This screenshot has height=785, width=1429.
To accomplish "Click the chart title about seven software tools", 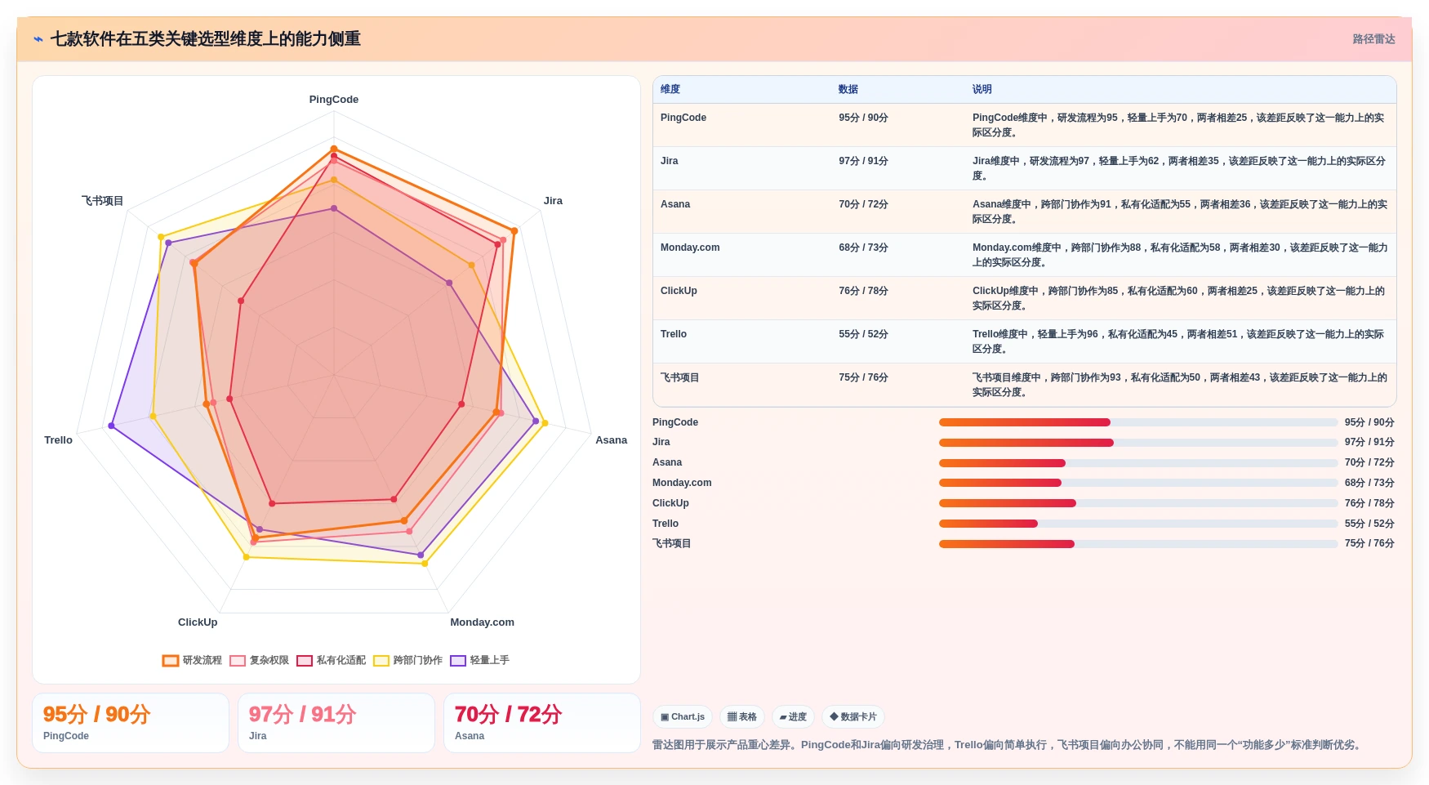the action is pyautogui.click(x=205, y=38).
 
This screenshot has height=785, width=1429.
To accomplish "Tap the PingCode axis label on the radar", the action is pyautogui.click(x=334, y=100).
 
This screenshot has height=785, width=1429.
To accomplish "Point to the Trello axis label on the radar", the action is pyautogui.click(x=58, y=440).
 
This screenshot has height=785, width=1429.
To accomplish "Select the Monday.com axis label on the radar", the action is pyautogui.click(x=483, y=622).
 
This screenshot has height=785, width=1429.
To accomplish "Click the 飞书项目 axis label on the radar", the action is pyautogui.click(x=102, y=201).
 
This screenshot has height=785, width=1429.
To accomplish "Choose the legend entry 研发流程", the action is pyautogui.click(x=192, y=660).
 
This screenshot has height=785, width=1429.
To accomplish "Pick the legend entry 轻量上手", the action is pyautogui.click(x=479, y=660).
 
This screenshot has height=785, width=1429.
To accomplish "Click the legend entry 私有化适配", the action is pyautogui.click(x=331, y=660).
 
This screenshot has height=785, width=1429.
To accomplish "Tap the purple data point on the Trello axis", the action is pyautogui.click(x=111, y=426).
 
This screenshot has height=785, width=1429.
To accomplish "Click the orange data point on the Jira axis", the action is pyautogui.click(x=514, y=231).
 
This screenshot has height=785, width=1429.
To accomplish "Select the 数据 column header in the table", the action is pyautogui.click(x=848, y=89).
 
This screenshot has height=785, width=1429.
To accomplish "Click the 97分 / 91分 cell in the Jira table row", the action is pyautogui.click(x=863, y=161).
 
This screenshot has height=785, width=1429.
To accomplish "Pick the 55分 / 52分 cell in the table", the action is pyautogui.click(x=863, y=334).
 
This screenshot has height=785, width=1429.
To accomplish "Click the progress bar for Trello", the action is pyautogui.click(x=1138, y=524).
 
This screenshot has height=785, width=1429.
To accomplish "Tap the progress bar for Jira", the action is pyautogui.click(x=1138, y=443).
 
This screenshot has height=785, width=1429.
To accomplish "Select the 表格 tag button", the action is pyautogui.click(x=742, y=717).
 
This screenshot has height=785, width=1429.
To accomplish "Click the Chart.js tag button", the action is pyautogui.click(x=683, y=717).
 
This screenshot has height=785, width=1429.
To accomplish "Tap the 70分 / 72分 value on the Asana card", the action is pyautogui.click(x=508, y=715).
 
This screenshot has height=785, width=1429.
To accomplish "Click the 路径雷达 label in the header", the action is pyautogui.click(x=1373, y=39).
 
